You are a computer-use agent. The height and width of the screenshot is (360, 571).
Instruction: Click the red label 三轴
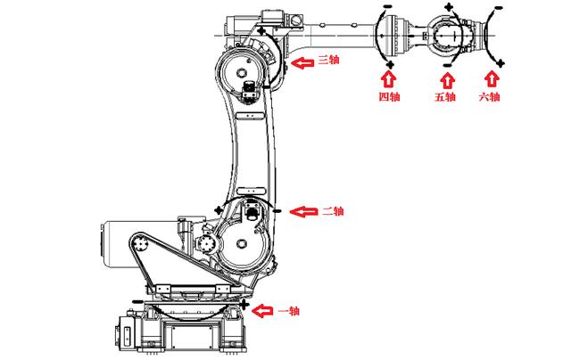click(327, 61)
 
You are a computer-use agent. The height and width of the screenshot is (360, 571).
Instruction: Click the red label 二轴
click(332, 211)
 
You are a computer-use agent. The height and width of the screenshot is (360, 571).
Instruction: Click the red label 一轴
click(288, 310)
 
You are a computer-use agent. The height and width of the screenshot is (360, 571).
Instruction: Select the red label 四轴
click(388, 96)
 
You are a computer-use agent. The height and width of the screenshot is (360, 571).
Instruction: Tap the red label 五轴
click(445, 96)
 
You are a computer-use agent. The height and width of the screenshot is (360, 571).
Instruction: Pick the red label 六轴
click(489, 96)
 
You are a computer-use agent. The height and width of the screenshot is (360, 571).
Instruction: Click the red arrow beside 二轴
click(306, 211)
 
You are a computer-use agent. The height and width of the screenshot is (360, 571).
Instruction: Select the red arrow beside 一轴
click(264, 310)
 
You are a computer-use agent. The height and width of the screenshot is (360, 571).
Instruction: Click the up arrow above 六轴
click(489, 78)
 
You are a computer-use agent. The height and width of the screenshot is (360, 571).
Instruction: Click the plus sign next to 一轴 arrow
click(244, 305)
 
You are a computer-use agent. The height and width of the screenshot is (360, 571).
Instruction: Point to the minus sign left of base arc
click(136, 303)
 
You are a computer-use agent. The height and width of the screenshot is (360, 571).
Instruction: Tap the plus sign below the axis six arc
click(501, 62)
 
